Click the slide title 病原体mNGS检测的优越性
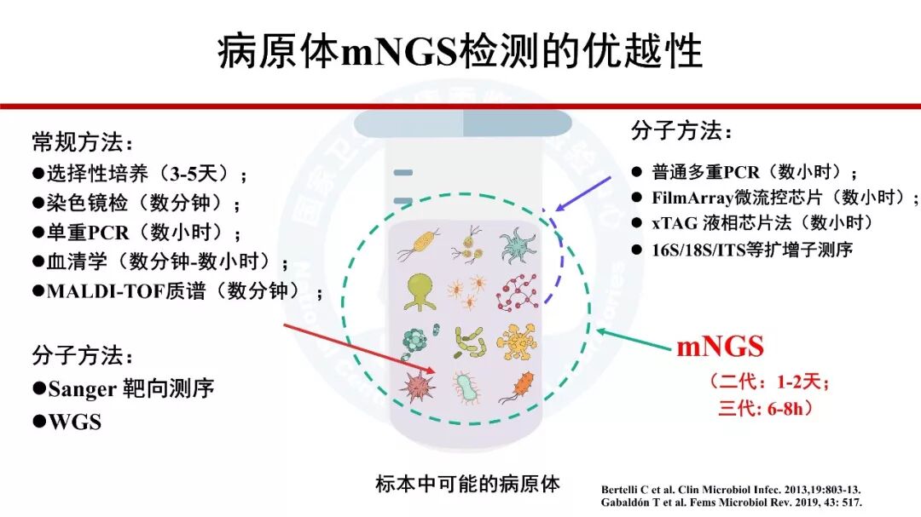coord(460,51)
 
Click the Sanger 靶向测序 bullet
coord(124,389)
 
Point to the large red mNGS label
coord(720,347)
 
